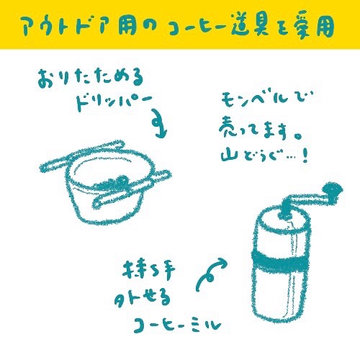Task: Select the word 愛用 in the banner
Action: click(312, 26)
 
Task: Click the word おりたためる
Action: click(91, 78)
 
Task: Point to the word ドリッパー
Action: click(114, 102)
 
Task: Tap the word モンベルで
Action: click(266, 99)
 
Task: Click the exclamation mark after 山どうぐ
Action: click(305, 157)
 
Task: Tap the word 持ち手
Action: click(149, 270)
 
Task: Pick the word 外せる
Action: click(142, 299)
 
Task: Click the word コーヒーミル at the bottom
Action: click(177, 325)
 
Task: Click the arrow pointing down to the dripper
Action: click(159, 124)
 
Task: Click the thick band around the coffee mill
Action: click(279, 259)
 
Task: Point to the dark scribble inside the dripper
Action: click(113, 184)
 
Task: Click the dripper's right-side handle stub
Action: click(161, 175)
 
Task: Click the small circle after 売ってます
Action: click(297, 136)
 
